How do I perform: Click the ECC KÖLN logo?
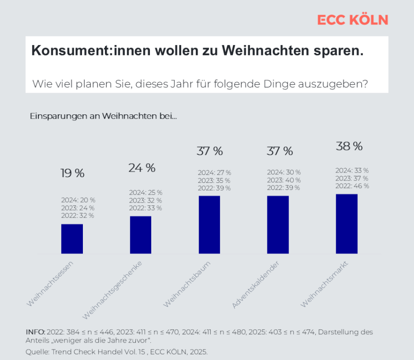pos(353,20)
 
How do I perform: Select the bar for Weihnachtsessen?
pos(72,239)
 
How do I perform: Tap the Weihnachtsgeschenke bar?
pos(140,235)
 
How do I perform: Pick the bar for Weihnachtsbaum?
pos(209,225)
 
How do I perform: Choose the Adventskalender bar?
pos(278,225)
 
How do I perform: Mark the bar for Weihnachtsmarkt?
pos(347,224)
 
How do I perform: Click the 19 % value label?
pos(73,173)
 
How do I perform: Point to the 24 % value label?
pos(142,168)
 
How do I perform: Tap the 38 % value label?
pos(349,146)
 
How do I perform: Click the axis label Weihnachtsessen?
pos(50,284)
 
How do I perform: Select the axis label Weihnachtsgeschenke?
pos(112,290)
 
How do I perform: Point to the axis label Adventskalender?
pos(255,285)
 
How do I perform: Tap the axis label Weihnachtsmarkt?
pos(324,284)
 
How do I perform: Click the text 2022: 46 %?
pos(352,186)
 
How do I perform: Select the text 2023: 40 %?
pos(284,180)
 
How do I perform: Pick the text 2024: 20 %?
pos(78,200)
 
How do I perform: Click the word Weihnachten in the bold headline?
pos(266,50)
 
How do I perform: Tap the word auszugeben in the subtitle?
pos(333,84)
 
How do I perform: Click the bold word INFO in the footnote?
pos(36,332)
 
